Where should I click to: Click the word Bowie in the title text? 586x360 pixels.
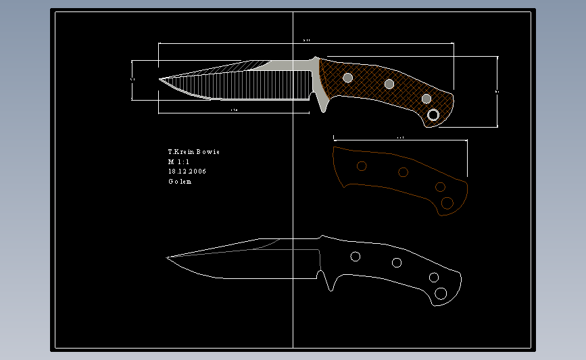coord(208,152)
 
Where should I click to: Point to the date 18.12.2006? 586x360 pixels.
coord(187,172)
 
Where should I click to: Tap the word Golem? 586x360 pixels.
coord(180,182)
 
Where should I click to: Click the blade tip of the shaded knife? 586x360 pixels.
coord(161,80)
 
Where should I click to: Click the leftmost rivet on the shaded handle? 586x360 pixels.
coord(348,78)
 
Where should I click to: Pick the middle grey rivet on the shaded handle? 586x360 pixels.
coord(389,84)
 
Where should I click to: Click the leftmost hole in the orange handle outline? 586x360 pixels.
coord(362,165)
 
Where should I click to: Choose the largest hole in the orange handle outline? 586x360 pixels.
coord(447,203)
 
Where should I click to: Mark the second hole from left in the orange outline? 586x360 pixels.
coord(403,172)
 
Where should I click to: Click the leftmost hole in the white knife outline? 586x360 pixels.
coord(355,256)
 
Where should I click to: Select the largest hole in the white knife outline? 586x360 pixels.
coord(441,293)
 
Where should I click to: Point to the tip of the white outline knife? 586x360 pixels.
coord(168,257)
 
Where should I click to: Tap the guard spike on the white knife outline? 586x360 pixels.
coord(331,286)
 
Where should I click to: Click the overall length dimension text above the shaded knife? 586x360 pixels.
coord(306,41)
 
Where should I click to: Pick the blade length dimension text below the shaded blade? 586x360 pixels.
coord(234,109)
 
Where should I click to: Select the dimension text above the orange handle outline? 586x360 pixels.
coord(400,138)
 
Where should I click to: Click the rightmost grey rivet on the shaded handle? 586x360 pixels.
coord(426,99)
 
